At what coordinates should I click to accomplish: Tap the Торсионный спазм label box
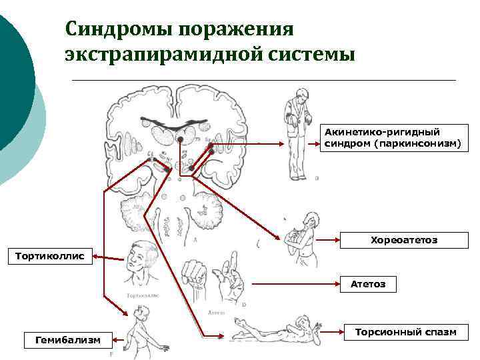coord(405,331)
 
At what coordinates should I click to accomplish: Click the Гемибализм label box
coord(67,339)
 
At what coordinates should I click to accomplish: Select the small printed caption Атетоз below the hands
coord(217,312)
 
